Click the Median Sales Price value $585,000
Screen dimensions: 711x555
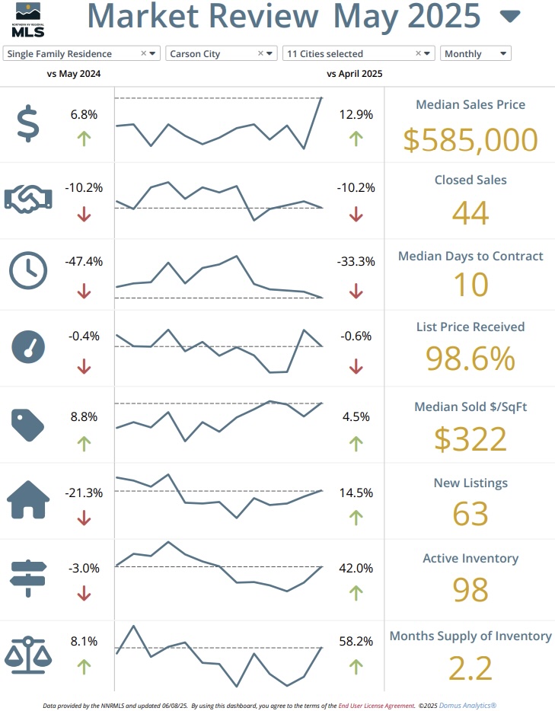point(470,139)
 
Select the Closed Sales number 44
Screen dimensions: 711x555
point(470,213)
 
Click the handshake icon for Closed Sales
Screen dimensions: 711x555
point(27,199)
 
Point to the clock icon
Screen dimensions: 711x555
point(27,270)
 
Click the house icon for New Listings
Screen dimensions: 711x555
point(27,499)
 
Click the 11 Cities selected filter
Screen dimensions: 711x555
point(358,54)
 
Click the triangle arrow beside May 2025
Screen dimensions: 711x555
point(510,16)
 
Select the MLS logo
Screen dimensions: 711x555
point(27,21)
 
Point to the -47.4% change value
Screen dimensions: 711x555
point(84,261)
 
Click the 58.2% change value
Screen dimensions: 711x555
point(356,642)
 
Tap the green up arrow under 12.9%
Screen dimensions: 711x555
point(356,138)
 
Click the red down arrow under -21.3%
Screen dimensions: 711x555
point(84,518)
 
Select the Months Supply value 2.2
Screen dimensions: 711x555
point(470,667)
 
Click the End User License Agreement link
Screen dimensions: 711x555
point(376,706)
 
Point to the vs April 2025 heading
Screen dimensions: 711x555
point(355,74)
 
